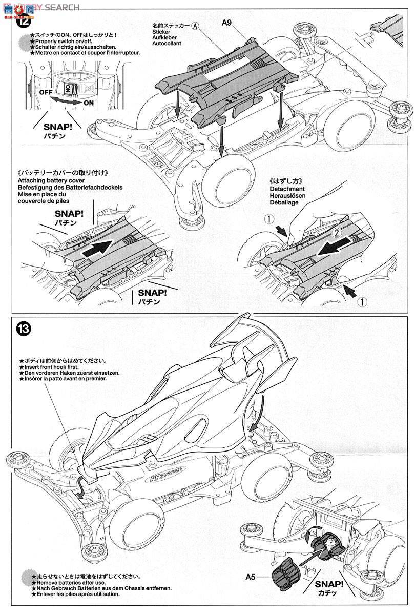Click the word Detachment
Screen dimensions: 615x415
pyautogui.click(x=283, y=189)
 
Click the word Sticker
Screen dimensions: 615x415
pyautogui.click(x=161, y=32)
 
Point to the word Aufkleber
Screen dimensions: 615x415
pyautogui.click(x=165, y=38)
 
